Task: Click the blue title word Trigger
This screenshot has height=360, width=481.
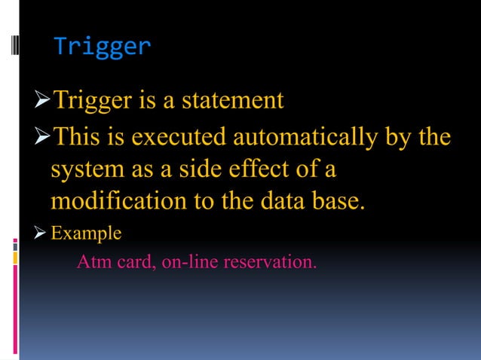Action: coord(103,47)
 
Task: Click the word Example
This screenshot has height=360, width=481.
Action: coord(85,233)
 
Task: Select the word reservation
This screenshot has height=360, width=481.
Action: coord(274,264)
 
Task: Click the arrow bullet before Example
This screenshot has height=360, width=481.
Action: coord(41,233)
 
